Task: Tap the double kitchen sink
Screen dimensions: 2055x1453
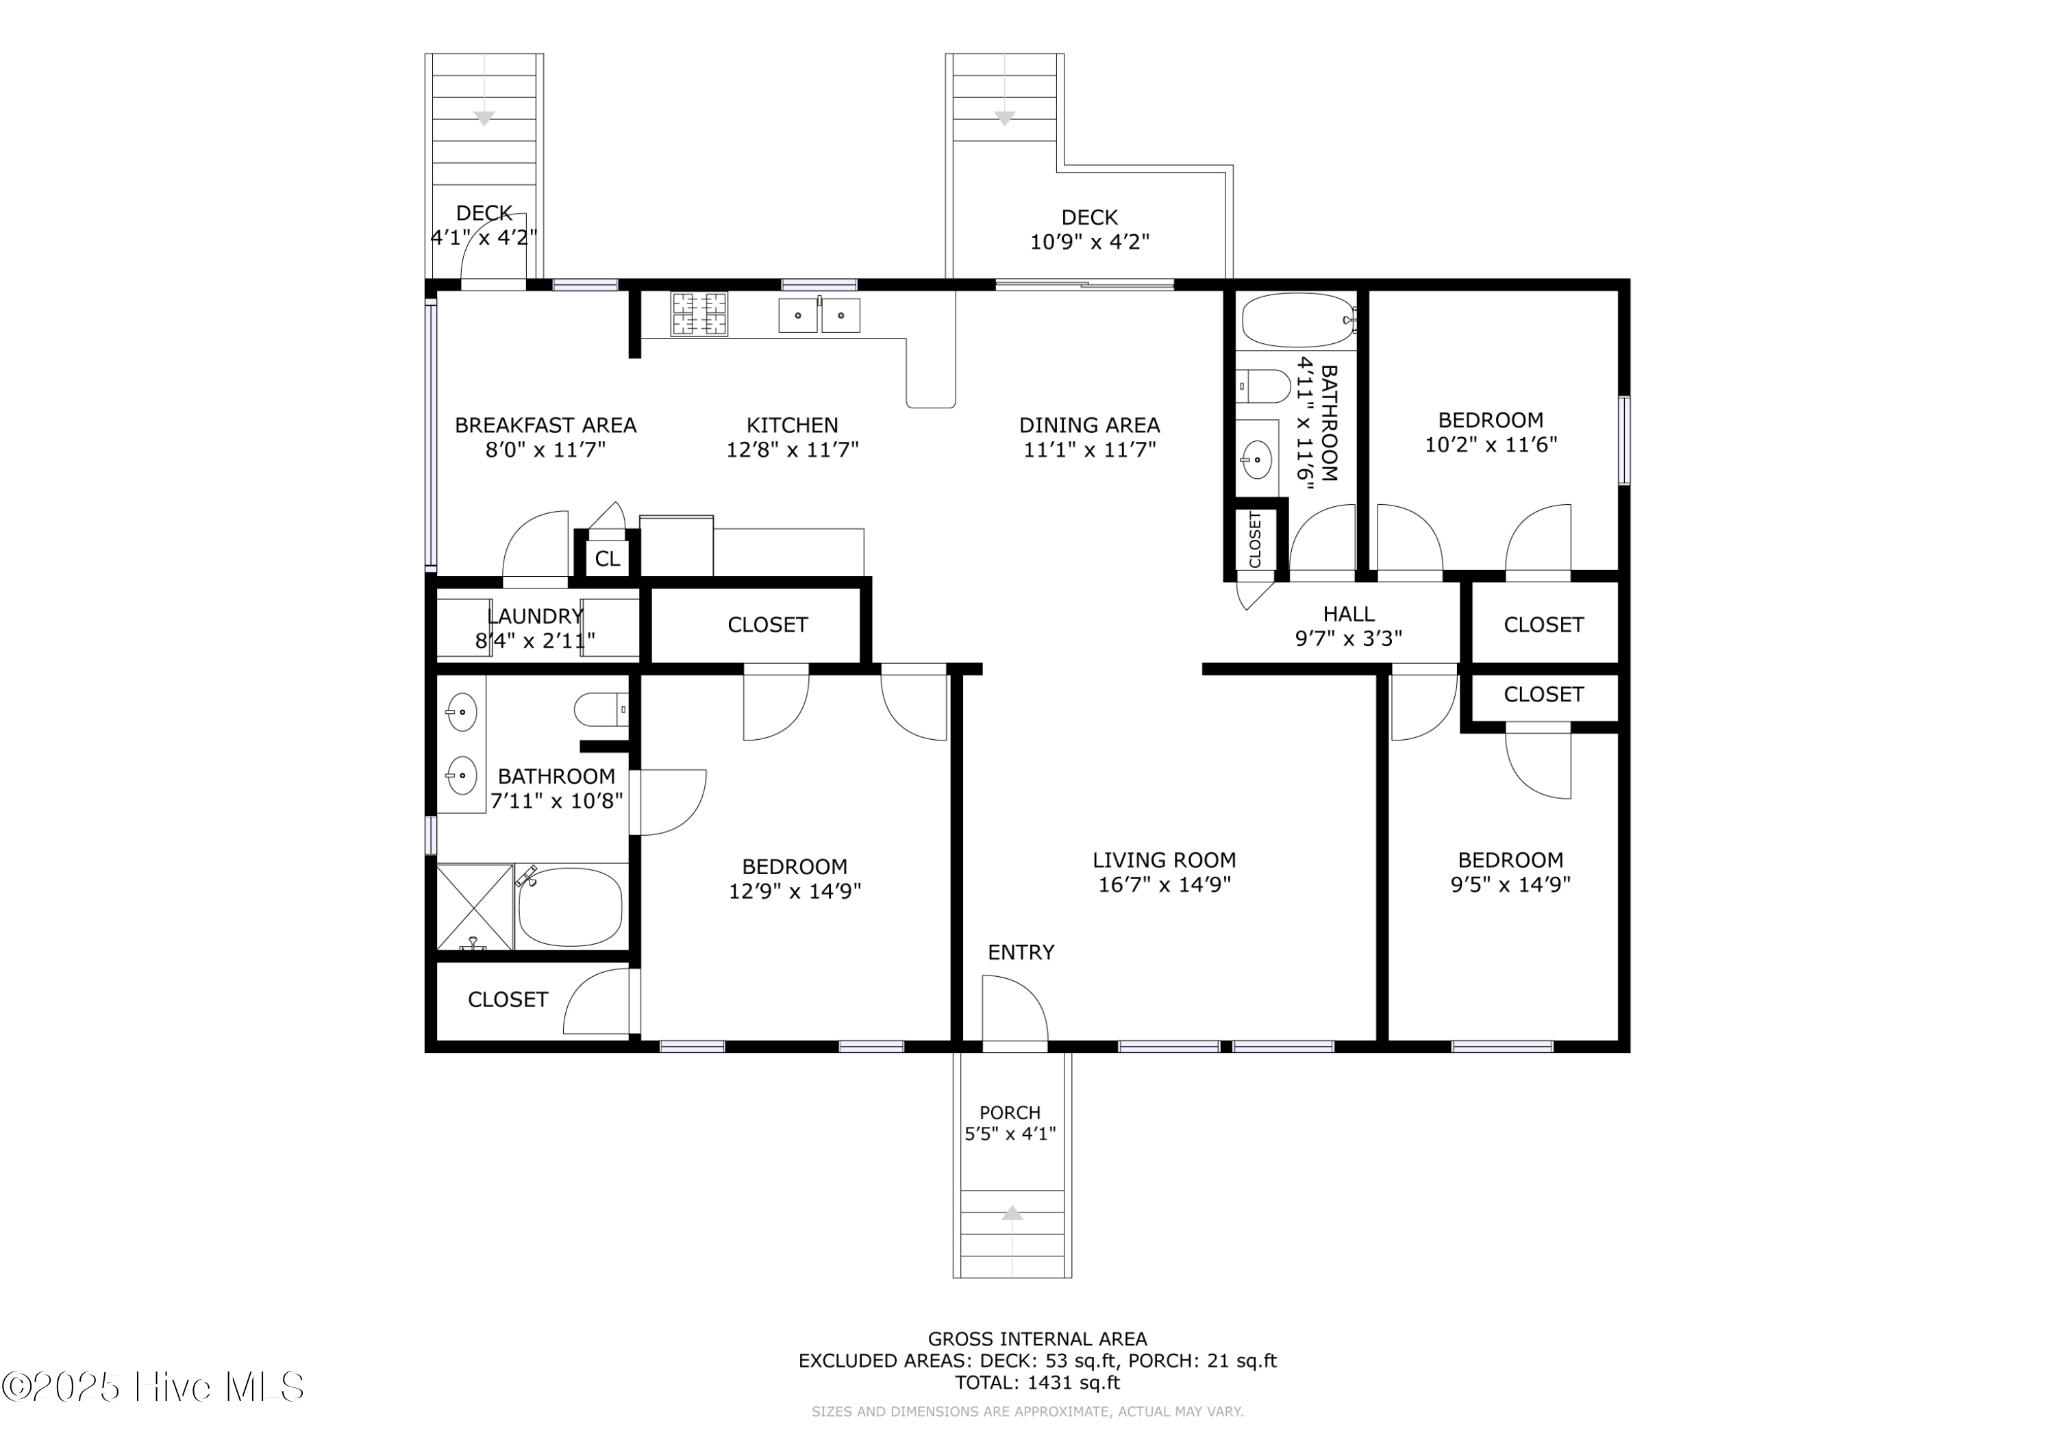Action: (819, 315)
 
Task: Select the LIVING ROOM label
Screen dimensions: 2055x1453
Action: (1164, 860)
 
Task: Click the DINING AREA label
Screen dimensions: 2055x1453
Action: (1089, 425)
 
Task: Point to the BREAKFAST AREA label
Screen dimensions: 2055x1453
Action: (545, 425)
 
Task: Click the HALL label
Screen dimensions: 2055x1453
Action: (1349, 614)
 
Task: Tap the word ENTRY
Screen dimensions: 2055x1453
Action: (1021, 952)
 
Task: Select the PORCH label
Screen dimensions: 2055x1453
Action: (1010, 1113)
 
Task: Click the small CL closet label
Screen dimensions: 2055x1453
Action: (607, 558)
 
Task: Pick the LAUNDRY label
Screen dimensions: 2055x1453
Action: (535, 616)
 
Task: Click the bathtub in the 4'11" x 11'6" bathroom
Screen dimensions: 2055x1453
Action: (1298, 320)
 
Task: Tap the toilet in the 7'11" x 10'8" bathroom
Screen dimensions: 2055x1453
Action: (601, 710)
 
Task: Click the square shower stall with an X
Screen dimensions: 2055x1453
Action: (475, 906)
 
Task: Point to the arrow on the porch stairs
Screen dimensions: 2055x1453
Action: (1012, 1213)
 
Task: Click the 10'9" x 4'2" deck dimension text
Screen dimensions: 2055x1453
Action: (1089, 242)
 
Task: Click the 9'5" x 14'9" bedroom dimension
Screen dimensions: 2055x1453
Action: (1511, 884)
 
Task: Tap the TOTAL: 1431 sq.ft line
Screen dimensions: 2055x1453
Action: (1037, 1382)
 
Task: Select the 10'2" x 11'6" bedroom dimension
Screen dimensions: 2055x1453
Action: (1491, 445)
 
